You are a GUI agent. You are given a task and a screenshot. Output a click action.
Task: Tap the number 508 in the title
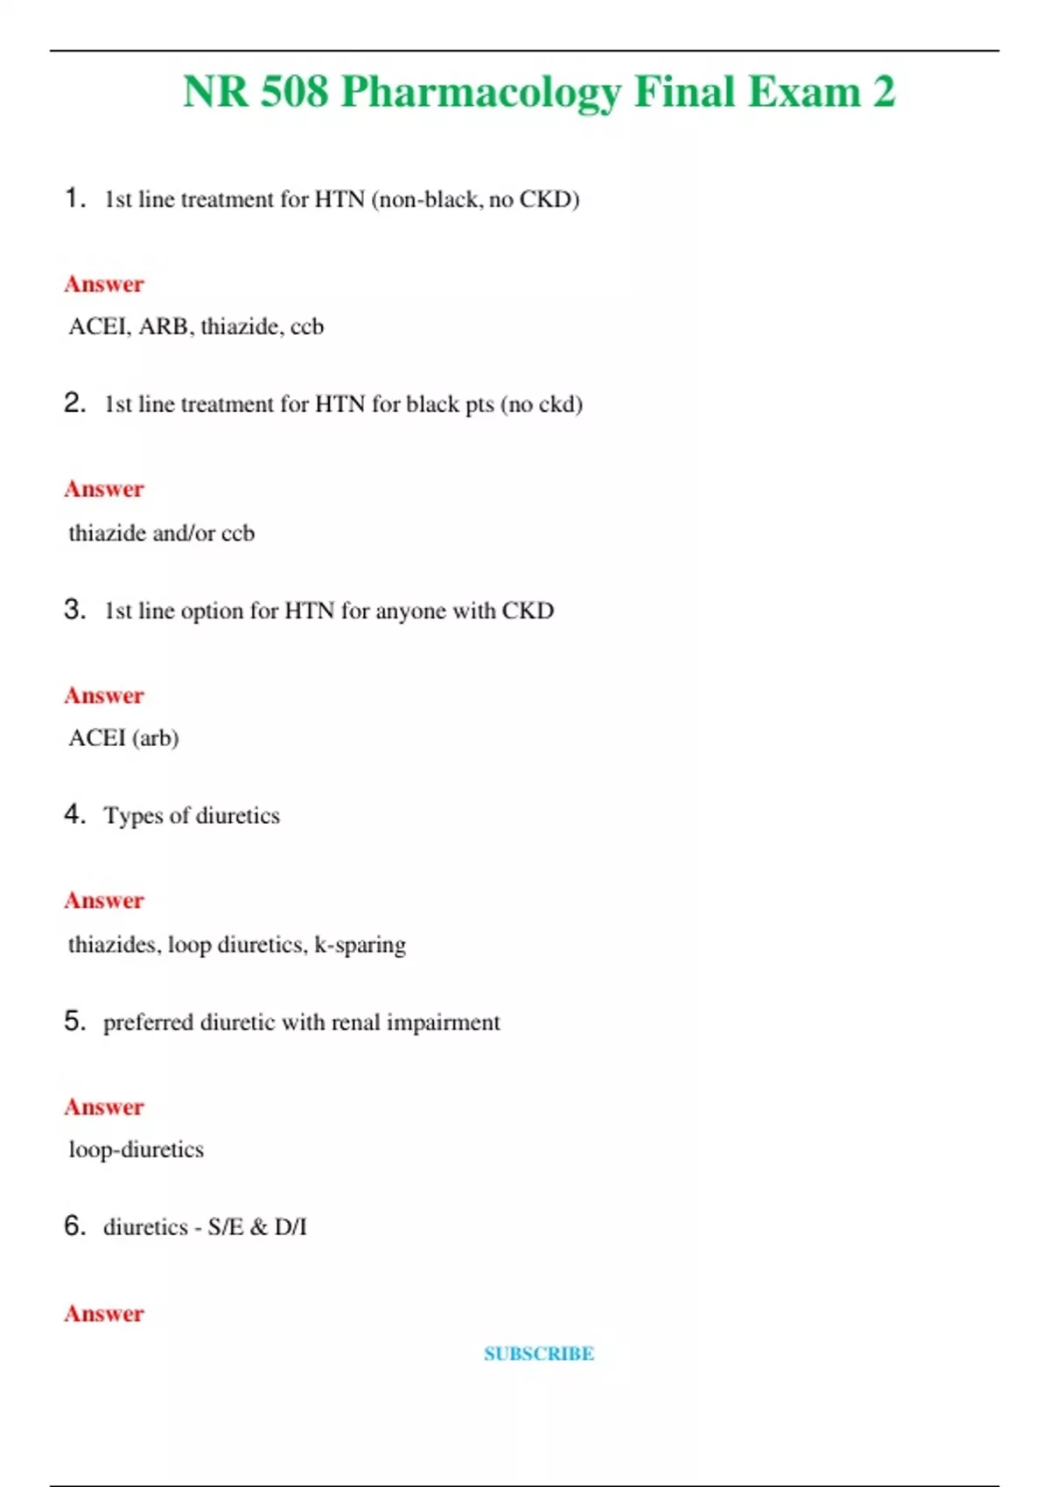(x=294, y=91)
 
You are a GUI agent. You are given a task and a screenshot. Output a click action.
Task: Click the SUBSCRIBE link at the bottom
(x=539, y=1353)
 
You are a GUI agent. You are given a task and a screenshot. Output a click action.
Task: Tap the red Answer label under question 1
(x=104, y=284)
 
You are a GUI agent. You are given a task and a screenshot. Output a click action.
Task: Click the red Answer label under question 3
(x=104, y=695)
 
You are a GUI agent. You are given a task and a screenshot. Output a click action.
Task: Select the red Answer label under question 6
(x=104, y=1313)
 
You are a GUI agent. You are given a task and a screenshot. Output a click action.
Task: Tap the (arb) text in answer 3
(x=155, y=738)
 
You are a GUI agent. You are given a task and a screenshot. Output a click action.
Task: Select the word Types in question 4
(x=133, y=816)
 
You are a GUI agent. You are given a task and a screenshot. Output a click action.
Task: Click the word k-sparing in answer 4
(x=360, y=945)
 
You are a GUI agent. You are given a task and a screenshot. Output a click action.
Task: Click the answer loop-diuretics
(x=136, y=1149)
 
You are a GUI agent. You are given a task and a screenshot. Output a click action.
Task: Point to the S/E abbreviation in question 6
(x=226, y=1227)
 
